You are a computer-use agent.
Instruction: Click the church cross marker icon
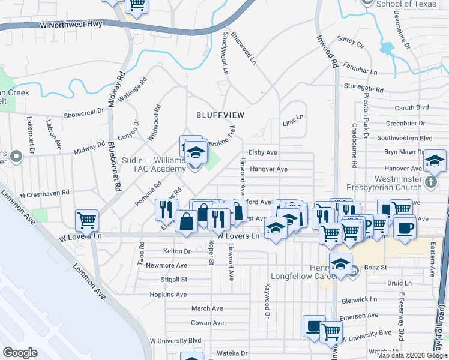pyautogui.click(x=430, y=181)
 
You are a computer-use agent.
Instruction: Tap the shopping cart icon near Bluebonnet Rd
pyautogui.click(x=86, y=220)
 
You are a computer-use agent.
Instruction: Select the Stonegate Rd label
pyautogui.click(x=363, y=88)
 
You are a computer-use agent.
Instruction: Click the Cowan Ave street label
pyautogui.click(x=207, y=323)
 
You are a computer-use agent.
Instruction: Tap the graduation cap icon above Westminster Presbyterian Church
pyautogui.click(x=435, y=161)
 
